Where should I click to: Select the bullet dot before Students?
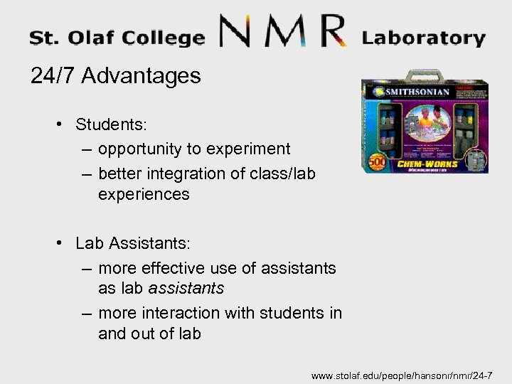(x=63, y=124)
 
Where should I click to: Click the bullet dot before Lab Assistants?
(x=63, y=244)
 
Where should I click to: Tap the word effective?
(x=173, y=268)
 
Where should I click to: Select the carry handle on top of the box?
(x=427, y=75)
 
